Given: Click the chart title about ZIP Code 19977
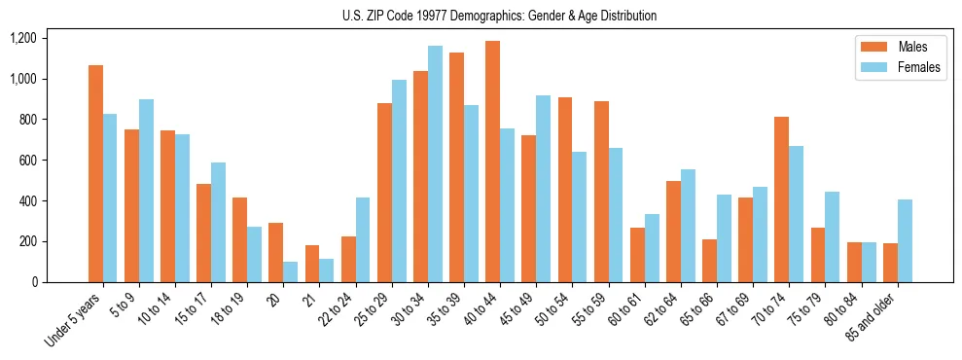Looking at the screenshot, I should (499, 16).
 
